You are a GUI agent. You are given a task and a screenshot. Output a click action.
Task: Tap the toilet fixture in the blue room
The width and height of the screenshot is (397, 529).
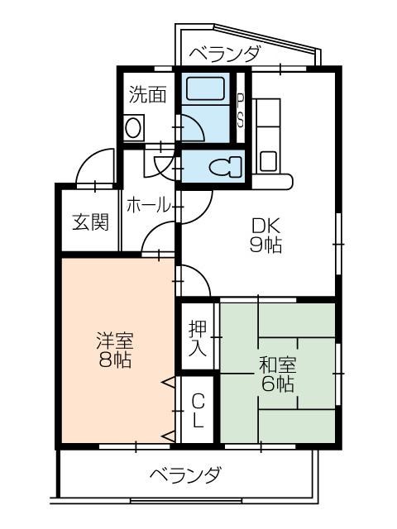coord(223,168)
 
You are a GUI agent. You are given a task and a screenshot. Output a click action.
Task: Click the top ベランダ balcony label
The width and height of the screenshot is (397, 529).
coord(225,55)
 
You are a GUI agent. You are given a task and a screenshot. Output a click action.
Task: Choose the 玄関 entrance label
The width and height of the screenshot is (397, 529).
coord(89,222)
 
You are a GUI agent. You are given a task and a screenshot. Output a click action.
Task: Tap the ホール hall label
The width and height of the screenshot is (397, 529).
coord(148,205)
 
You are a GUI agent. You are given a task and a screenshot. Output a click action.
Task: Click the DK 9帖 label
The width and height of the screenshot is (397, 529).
coord(262,234)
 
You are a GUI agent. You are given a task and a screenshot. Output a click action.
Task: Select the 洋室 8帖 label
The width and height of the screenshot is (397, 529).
coord(115,350)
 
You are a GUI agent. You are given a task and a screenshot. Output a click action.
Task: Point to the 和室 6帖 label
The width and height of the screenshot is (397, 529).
coord(277,374)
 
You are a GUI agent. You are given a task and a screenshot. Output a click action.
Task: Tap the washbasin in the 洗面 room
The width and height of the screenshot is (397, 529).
coord(133,128)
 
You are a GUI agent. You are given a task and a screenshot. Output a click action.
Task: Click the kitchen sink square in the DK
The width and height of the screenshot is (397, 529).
coord(268,160)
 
